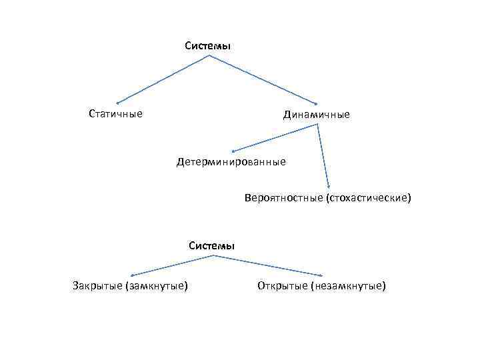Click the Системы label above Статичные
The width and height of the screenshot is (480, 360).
point(208,46)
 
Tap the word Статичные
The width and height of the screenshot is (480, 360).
point(115,113)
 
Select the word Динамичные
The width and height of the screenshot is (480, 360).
point(316,115)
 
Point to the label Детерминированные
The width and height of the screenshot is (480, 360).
point(231,161)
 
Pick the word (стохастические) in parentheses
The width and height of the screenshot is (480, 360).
point(368,198)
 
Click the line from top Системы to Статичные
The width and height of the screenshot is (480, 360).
point(163,79)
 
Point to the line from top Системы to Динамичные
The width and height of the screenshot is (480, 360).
point(263,79)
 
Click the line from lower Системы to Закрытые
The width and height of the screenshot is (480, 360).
point(170,265)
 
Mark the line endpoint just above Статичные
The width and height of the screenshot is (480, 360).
point(117,103)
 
